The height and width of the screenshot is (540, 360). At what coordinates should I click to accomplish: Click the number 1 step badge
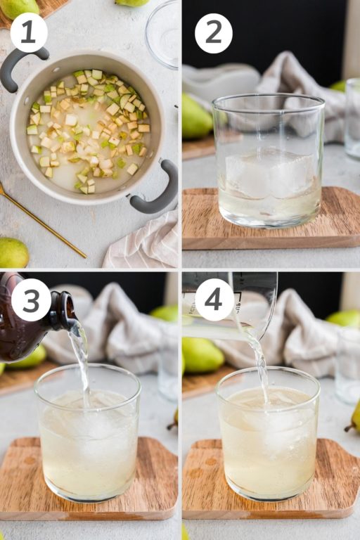click(x=29, y=33)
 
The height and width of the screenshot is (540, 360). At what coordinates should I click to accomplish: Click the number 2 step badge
click(x=213, y=33)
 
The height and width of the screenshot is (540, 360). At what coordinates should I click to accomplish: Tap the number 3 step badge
click(x=31, y=300)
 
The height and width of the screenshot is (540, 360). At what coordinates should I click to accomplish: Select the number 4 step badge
click(x=214, y=300)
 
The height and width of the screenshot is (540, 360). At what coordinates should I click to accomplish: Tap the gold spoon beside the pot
click(x=42, y=221)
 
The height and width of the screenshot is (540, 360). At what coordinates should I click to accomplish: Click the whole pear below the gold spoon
click(x=13, y=253)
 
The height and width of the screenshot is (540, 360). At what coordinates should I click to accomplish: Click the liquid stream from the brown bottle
click(x=82, y=359)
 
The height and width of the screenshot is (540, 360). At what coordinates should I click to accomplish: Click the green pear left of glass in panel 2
click(x=196, y=116)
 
